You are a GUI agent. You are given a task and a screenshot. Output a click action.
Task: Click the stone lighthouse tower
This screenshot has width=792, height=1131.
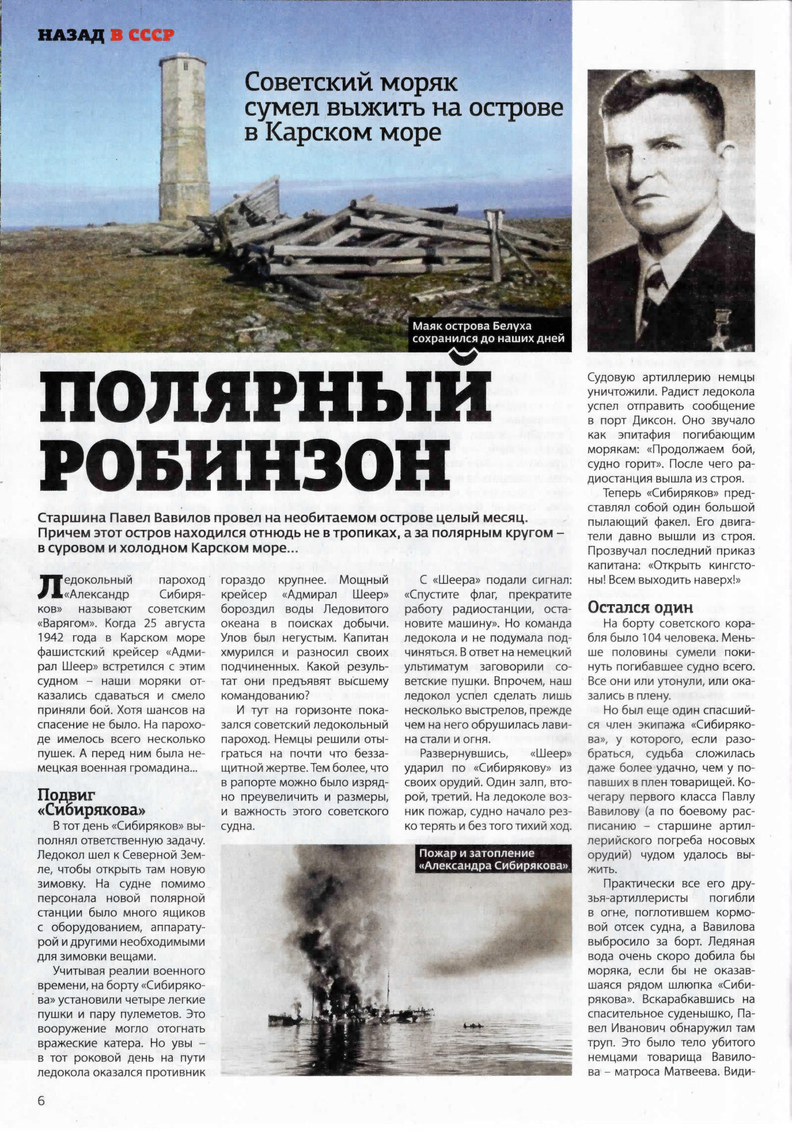(x=182, y=138)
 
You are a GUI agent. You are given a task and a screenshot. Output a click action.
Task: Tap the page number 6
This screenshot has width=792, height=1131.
(x=41, y=1100)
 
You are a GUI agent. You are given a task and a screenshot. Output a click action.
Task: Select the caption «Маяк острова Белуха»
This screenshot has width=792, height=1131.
(x=471, y=326)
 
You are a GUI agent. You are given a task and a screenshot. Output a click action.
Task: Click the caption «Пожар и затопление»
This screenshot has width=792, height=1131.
(x=476, y=853)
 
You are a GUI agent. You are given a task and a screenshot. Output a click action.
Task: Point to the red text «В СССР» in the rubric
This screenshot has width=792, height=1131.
(x=142, y=36)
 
